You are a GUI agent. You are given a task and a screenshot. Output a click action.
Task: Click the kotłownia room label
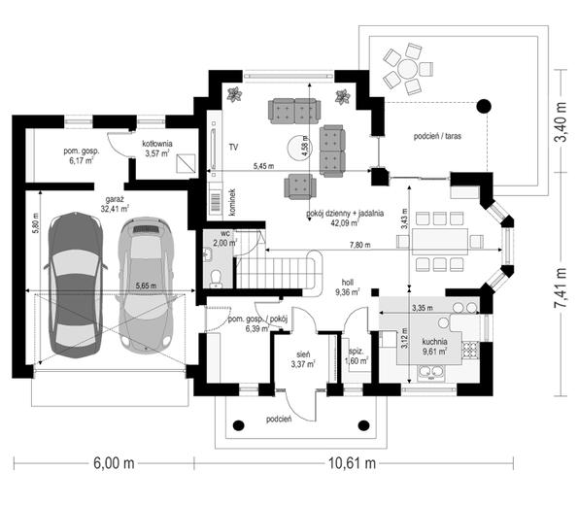[x=157, y=144]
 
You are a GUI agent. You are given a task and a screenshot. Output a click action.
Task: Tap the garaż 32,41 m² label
[x=115, y=204]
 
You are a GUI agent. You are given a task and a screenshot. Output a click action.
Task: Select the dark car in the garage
[x=76, y=286]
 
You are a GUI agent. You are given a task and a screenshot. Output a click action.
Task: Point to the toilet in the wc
[x=215, y=279]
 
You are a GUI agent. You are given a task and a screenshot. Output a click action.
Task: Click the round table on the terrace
[x=407, y=69]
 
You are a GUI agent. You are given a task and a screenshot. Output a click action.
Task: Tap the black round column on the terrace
[x=484, y=107]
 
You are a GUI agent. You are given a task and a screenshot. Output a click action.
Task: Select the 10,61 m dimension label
[x=352, y=463]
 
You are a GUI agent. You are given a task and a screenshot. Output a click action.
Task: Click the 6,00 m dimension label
[x=114, y=463]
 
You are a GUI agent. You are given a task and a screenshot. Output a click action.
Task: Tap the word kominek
[x=232, y=202]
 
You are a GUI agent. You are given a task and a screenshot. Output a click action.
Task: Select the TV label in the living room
[x=233, y=148]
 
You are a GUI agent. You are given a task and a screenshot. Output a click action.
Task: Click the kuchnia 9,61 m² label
[x=435, y=347]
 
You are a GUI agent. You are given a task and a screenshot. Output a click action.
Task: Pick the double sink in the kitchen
[x=431, y=372]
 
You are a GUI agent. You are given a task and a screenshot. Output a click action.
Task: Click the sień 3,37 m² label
[x=303, y=359]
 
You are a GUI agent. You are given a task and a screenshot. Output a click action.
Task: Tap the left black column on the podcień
[x=239, y=425]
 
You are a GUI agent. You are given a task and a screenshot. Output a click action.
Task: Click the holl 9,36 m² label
[x=348, y=287]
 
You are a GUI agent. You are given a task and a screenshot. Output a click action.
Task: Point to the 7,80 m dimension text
[x=360, y=245]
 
